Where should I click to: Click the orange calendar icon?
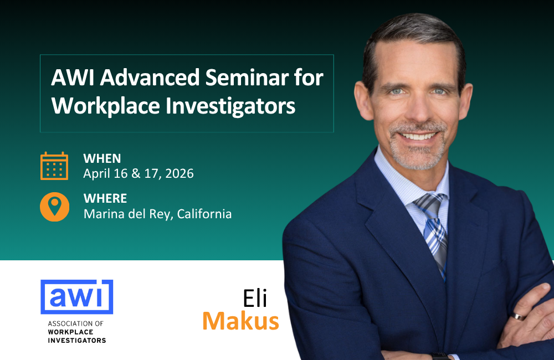(54, 166)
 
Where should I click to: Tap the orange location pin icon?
(54, 206)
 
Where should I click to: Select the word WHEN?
(102, 158)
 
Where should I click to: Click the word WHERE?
(105, 198)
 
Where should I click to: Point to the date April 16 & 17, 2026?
(138, 173)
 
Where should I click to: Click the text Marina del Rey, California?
(157, 214)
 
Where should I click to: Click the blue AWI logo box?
(76, 297)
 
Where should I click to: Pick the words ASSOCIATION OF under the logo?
(71, 323)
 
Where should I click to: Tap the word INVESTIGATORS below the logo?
(76, 340)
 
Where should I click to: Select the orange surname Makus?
(240, 321)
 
